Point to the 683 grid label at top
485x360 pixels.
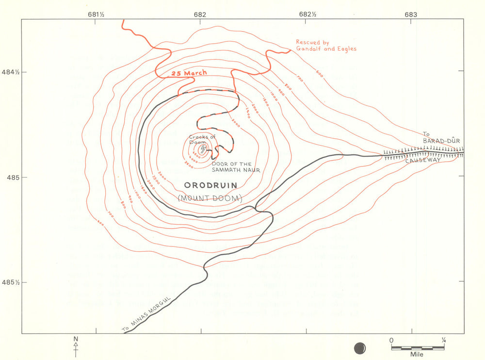(x=410, y=14)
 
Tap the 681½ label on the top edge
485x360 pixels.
(x=96, y=14)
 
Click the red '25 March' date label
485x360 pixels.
(x=189, y=73)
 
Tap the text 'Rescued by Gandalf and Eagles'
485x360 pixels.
(x=326, y=46)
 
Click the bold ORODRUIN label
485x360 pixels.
(x=210, y=185)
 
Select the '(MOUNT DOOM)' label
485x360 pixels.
(x=210, y=198)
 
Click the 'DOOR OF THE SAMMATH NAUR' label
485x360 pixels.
(x=236, y=166)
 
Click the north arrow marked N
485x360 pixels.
(x=76, y=345)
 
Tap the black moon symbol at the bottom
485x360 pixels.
(x=360, y=347)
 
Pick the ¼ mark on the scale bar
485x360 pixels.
(x=443, y=341)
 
